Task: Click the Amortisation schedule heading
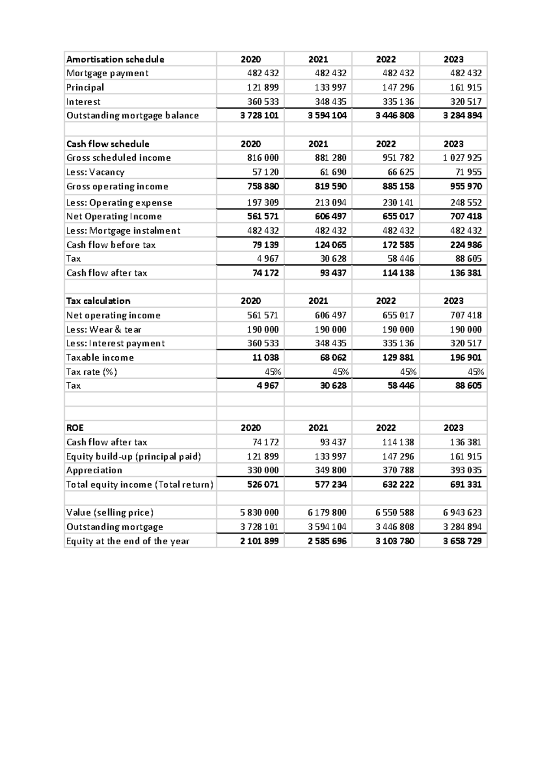115,59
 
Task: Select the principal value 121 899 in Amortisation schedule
263,87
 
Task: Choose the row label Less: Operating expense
119,202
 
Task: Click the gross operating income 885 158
398,186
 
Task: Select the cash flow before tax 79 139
265,245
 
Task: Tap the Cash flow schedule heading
108,144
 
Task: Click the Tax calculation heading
98,301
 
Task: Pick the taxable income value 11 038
265,357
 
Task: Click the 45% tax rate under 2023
475,372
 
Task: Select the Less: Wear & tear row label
104,329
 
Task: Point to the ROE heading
75,428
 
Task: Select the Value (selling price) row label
110,512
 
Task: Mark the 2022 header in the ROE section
386,428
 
